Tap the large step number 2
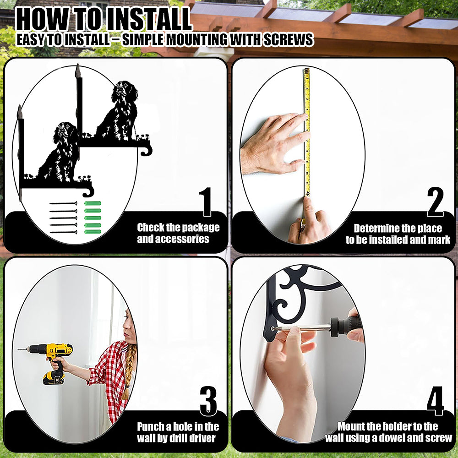pos(435,202)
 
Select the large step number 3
pos(208,401)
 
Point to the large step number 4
pos(435,401)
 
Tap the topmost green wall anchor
pos(93,203)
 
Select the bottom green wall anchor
pos(93,232)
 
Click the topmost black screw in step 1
pos(63,203)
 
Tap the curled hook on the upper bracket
pos(146,150)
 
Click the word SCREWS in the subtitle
pos(289,40)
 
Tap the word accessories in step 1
pos(173,239)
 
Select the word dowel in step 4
pos(391,438)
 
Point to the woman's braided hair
pos(129,371)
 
